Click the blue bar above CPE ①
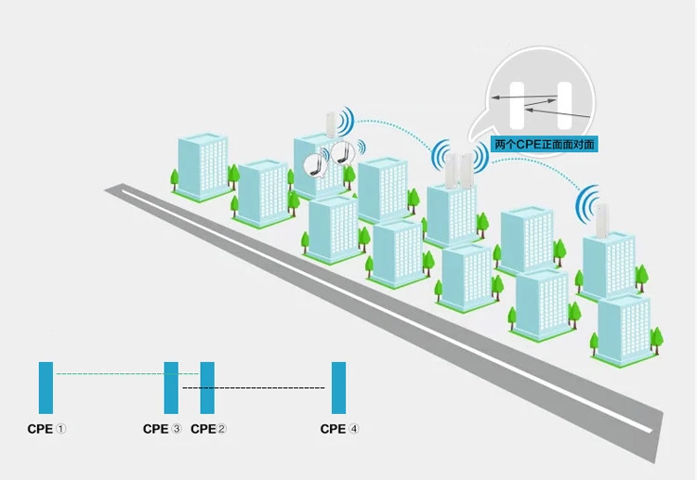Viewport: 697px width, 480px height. (46, 387)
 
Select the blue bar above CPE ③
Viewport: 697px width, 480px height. (171, 387)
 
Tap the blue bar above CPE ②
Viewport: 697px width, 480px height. (207, 387)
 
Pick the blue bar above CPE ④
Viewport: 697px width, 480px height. (338, 387)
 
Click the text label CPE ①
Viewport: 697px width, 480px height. (46, 429)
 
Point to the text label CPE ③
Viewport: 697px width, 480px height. (163, 429)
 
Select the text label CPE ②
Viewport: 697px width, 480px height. (209, 429)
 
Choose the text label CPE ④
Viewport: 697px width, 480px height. (339, 429)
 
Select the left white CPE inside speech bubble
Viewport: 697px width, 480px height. (518, 105)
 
